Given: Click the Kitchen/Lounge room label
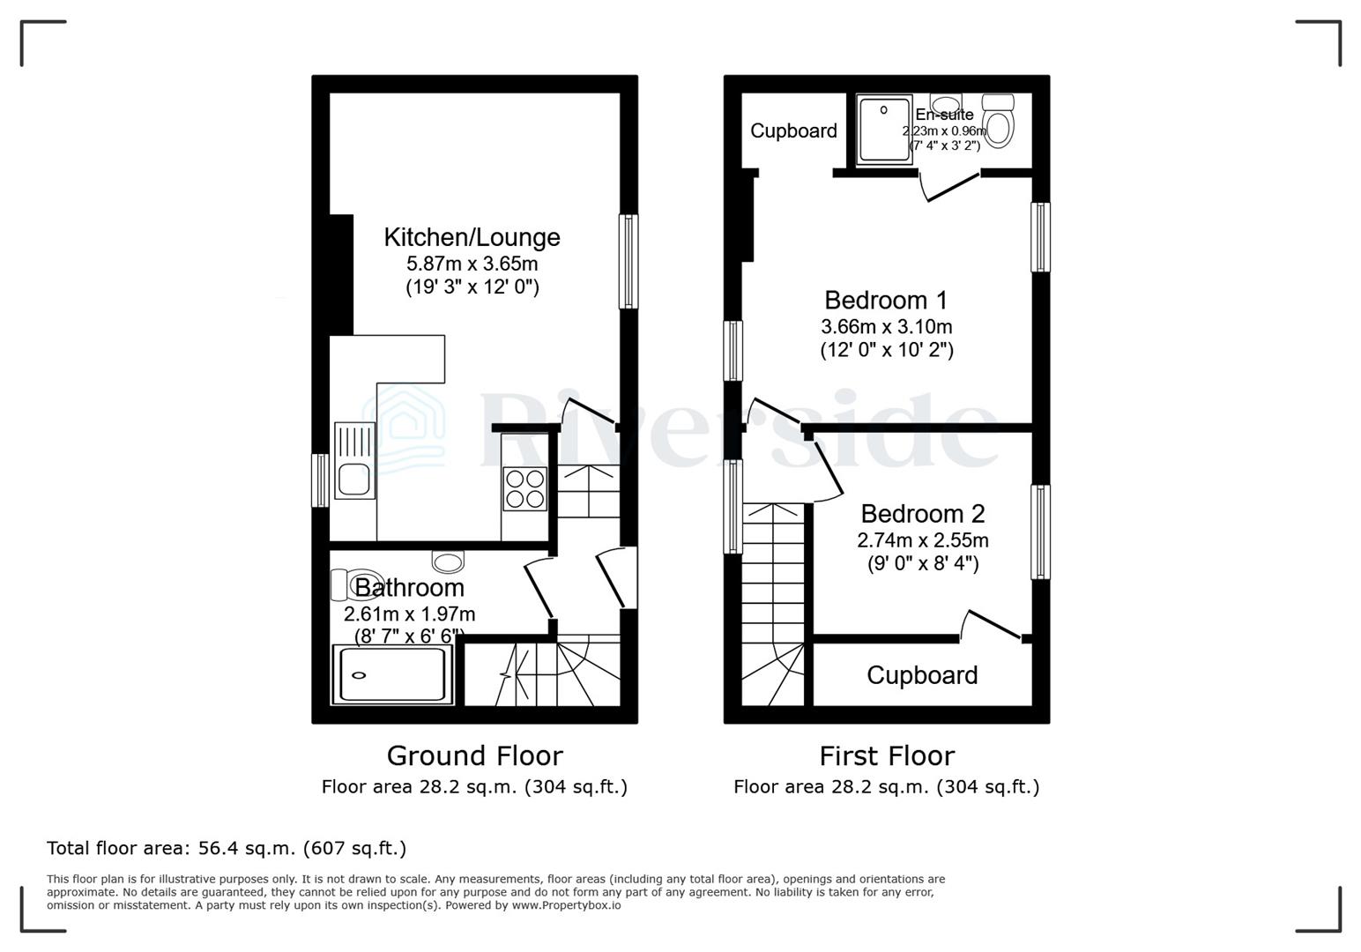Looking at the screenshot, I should click(472, 237).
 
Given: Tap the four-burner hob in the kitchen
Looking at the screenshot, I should click(524, 488).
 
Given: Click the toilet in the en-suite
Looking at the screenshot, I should click(999, 123).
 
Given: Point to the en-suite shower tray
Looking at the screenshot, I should click(883, 130).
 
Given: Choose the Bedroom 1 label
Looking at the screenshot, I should click(886, 301).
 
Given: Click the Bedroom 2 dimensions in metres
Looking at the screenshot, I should click(922, 539).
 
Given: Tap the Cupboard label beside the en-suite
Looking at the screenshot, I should click(793, 130).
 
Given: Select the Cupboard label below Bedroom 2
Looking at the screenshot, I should click(922, 675).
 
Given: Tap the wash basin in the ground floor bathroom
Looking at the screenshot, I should click(448, 562).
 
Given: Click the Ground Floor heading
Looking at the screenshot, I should click(474, 755).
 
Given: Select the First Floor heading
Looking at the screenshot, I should click(887, 755).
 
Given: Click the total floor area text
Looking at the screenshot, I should click(227, 848).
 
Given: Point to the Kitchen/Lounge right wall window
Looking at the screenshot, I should click(628, 261).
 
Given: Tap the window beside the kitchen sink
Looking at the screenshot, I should click(321, 480).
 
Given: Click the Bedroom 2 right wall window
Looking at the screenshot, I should click(1041, 532).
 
